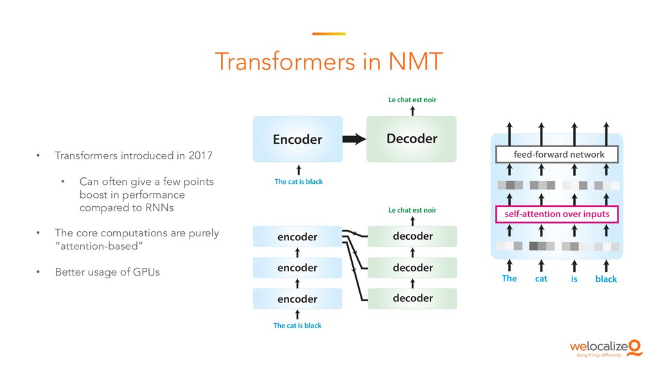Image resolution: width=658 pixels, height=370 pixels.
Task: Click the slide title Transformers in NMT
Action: click(328, 62)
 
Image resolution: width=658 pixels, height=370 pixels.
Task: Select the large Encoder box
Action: click(298, 139)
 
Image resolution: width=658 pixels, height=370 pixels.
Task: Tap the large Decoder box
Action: click(411, 139)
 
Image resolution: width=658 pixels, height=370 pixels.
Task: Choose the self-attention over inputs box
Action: click(557, 213)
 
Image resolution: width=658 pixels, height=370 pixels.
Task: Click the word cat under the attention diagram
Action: click(541, 279)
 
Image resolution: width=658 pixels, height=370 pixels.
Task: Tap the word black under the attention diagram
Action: click(605, 279)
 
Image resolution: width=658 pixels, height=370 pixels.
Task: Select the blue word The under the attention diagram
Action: click(509, 278)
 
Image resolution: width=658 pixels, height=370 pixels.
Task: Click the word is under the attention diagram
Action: click(574, 279)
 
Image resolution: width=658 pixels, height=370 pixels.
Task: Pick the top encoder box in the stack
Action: click(298, 236)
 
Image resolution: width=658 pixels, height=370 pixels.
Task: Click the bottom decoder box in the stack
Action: click(412, 298)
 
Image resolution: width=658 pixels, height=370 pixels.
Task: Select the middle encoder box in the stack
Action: click(298, 267)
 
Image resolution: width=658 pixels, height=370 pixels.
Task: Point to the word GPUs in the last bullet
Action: click(146, 272)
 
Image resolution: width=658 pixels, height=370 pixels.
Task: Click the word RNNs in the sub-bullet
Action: click(161, 208)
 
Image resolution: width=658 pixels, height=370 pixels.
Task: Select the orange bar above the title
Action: click(328, 34)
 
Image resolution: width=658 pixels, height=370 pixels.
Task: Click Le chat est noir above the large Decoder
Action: click(412, 100)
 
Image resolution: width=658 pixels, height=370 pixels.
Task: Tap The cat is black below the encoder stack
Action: click(297, 326)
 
